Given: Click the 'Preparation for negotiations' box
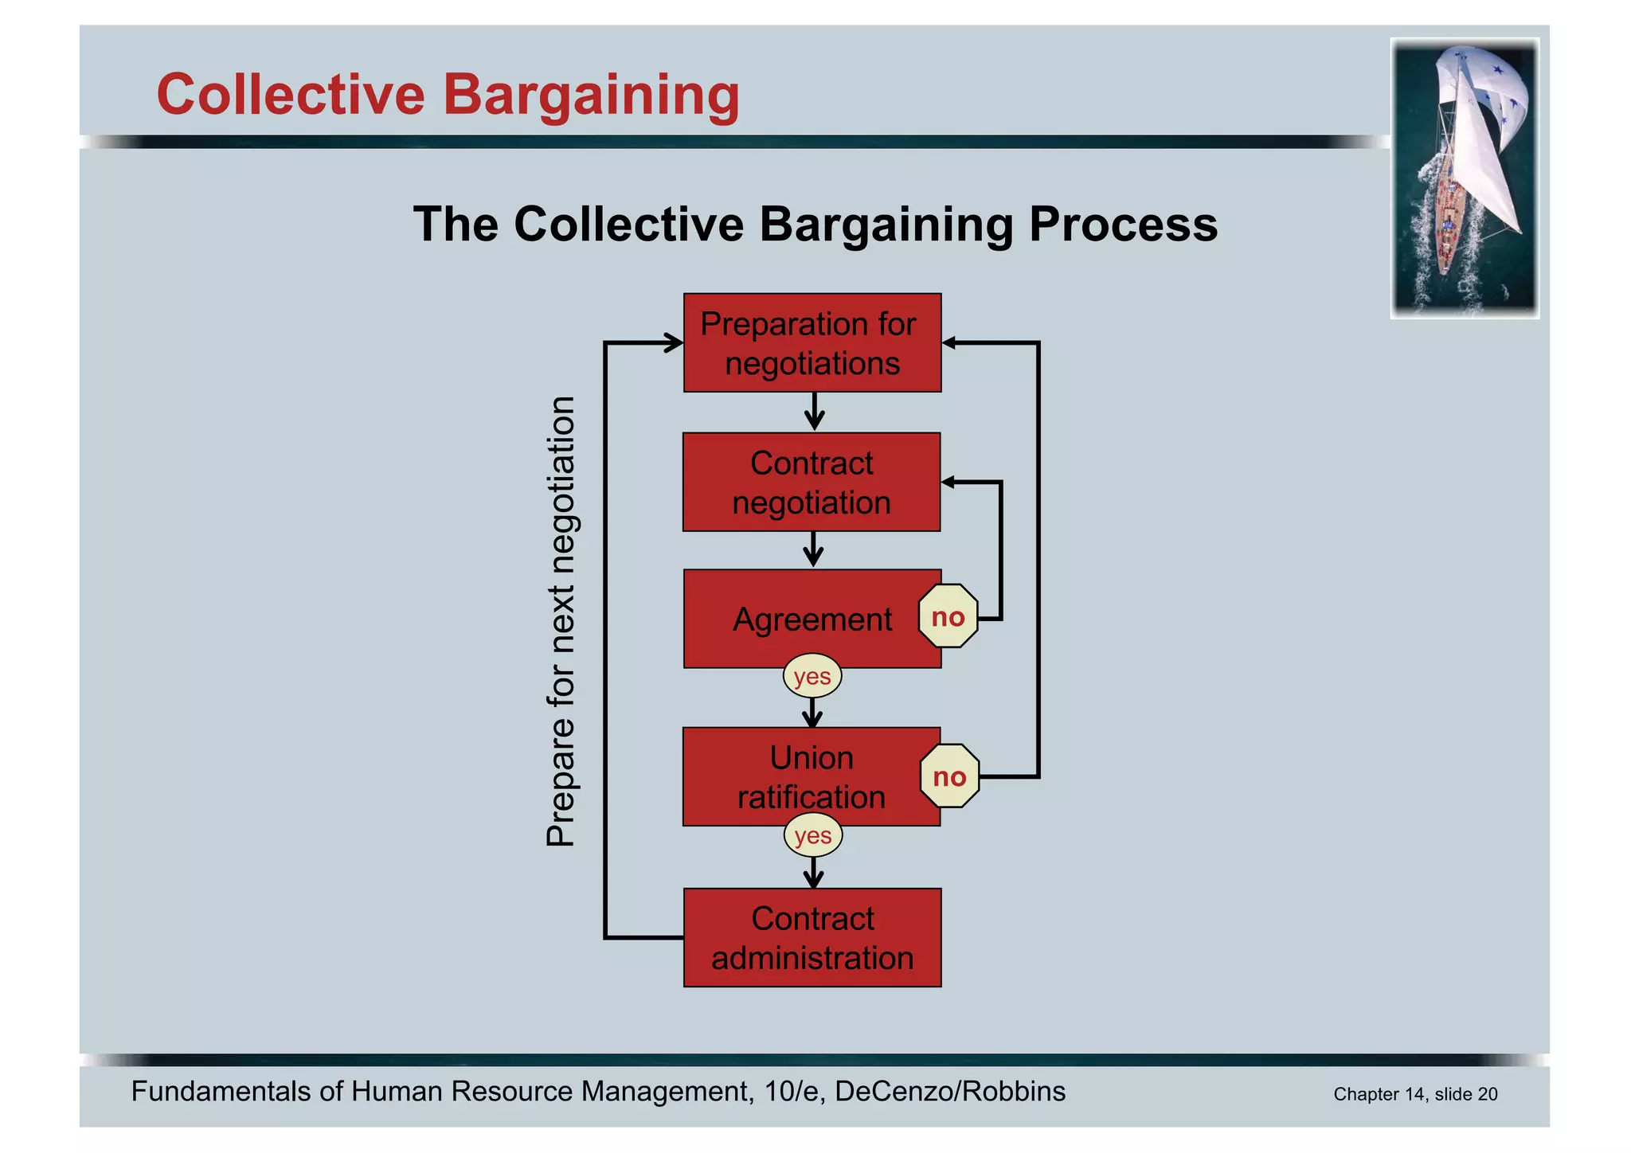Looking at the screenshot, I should coord(812,343).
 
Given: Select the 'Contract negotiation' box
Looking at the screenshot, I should coord(811,483).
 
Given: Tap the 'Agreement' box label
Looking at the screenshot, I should coord(812,619).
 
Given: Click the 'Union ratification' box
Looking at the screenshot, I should coord(811,777).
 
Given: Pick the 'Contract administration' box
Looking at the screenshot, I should coord(812,938).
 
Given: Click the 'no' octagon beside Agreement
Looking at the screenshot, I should coord(948,616).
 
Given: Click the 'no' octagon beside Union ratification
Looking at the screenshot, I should coord(949,776).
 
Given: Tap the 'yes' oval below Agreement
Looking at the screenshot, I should coord(812,677).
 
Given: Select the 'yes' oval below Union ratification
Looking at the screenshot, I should coord(812,836).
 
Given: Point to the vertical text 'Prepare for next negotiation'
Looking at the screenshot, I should coord(561,621).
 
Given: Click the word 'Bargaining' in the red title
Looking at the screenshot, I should coord(591,95).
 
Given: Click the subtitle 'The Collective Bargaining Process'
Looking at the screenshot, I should coord(815,225).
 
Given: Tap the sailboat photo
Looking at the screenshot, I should coord(1464,178).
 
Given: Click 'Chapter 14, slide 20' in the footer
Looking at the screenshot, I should coord(1415,1094).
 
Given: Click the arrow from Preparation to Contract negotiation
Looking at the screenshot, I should coord(813,412).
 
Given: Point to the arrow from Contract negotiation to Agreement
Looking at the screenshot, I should coord(812,550).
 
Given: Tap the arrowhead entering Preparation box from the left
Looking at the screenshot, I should coord(675,343).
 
